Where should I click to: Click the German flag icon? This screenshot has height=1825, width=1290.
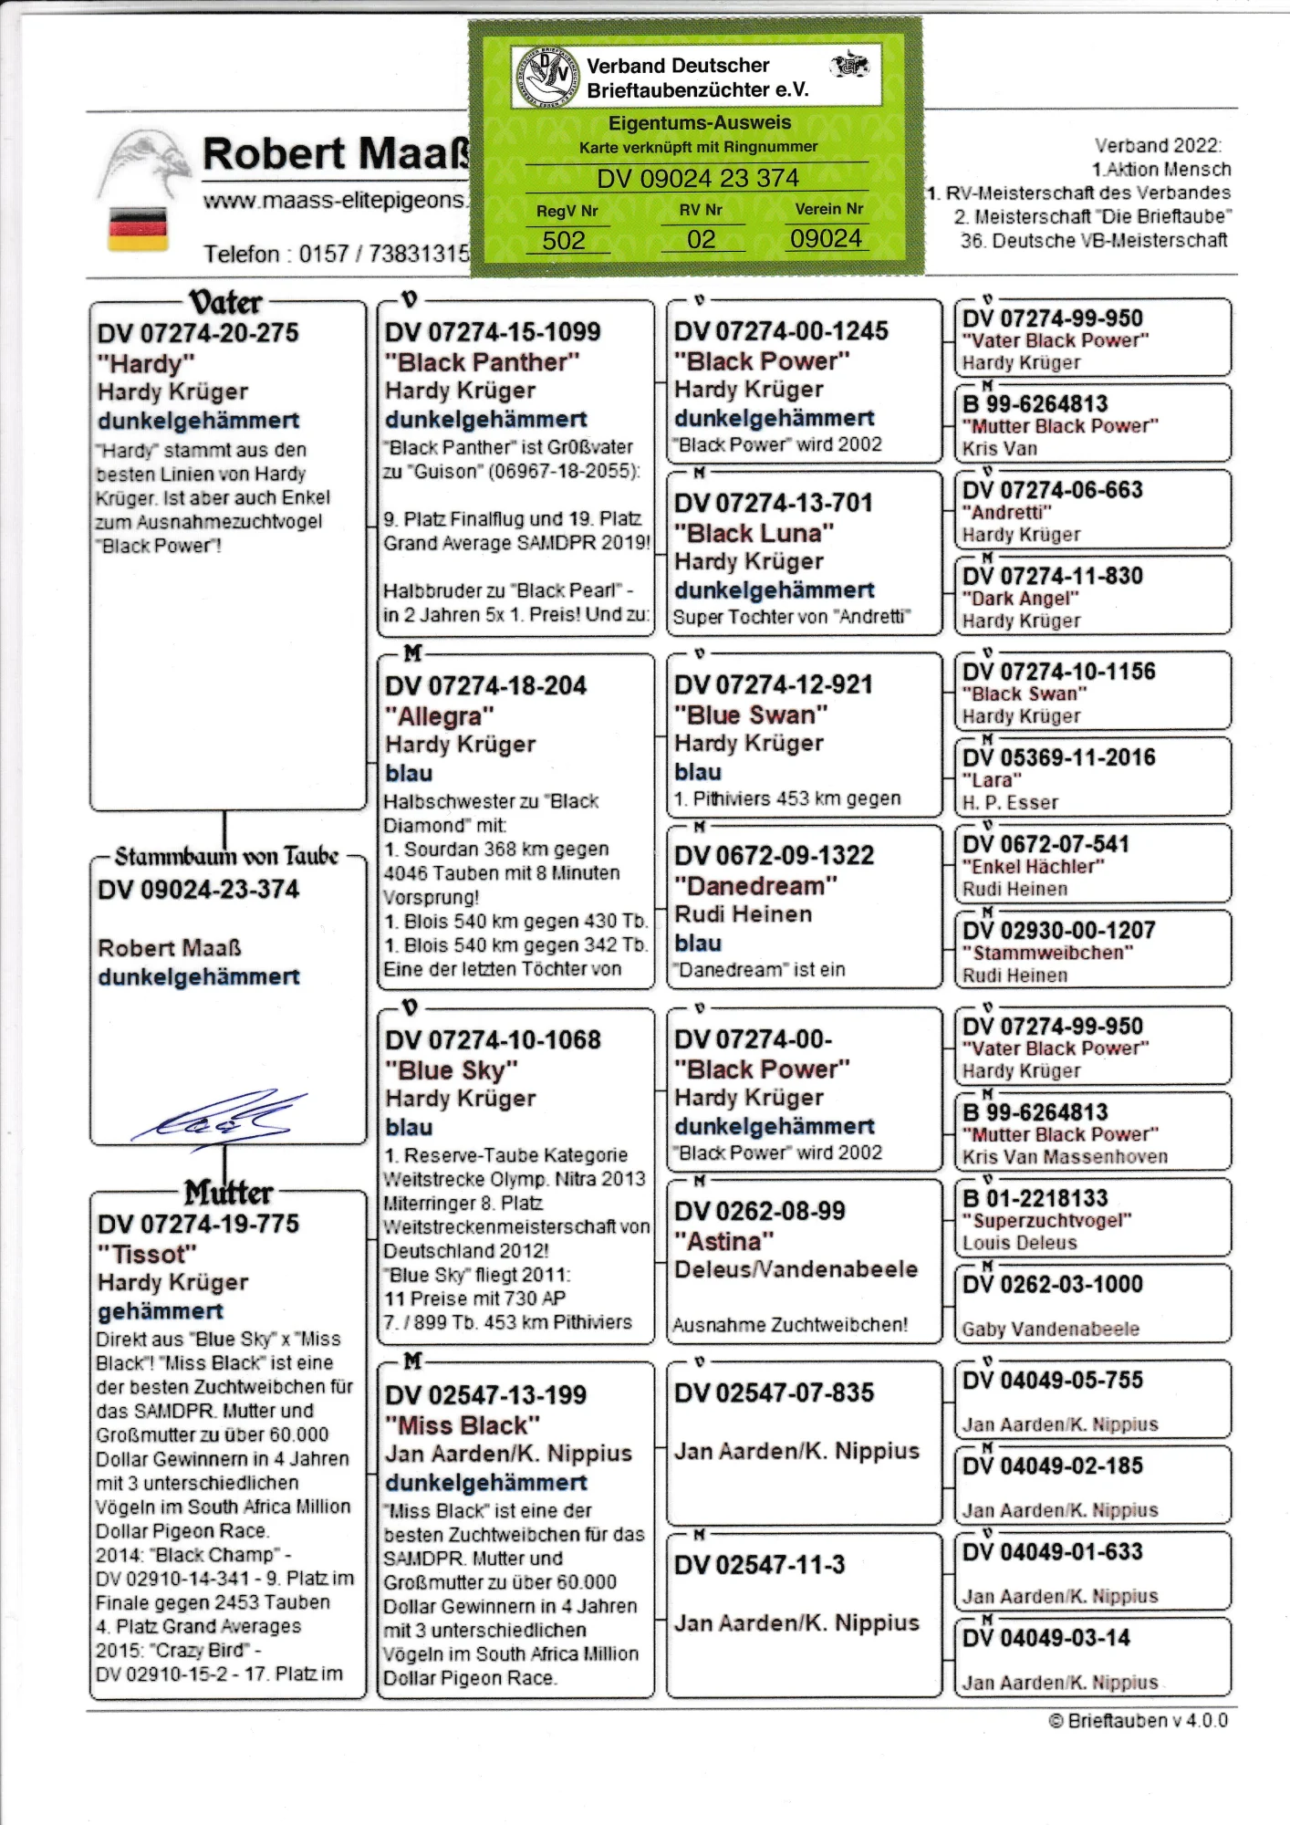(138, 228)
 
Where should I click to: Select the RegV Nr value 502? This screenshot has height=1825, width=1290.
(563, 241)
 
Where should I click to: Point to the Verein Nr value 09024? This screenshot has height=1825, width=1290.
(826, 239)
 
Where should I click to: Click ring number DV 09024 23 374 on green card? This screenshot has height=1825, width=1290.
(698, 178)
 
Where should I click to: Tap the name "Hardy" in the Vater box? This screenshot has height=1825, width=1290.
(146, 363)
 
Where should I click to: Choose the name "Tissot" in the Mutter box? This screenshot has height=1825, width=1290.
(147, 1254)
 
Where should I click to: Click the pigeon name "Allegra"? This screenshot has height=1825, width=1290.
(440, 715)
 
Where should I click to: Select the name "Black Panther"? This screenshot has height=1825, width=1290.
(483, 362)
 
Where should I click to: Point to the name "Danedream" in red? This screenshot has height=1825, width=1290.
(755, 885)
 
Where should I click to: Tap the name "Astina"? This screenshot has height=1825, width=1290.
(724, 1241)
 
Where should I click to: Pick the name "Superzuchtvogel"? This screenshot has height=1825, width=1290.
(1047, 1221)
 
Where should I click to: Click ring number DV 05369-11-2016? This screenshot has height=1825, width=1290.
(1059, 757)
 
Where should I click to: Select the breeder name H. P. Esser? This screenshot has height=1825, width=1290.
(1010, 803)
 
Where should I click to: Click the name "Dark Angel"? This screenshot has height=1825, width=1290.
(1021, 599)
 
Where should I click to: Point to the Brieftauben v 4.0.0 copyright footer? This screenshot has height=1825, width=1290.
(1138, 1721)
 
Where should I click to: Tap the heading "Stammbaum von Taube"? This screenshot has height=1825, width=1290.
(226, 856)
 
